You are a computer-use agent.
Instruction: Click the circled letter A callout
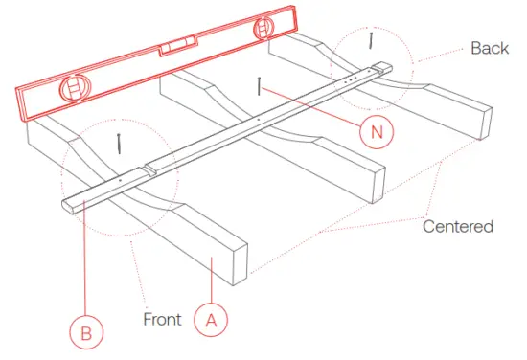[x=212, y=318]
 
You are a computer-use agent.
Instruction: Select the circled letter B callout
[x=85, y=332]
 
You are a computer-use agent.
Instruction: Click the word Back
[x=490, y=48]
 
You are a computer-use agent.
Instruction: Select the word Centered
[x=459, y=227]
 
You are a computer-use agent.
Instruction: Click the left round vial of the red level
[x=73, y=91]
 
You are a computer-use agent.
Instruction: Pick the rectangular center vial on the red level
[x=178, y=44]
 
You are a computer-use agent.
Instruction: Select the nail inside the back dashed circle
[x=370, y=40]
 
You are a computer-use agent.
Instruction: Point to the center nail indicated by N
[x=260, y=88]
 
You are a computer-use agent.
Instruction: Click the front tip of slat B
[x=69, y=205]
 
